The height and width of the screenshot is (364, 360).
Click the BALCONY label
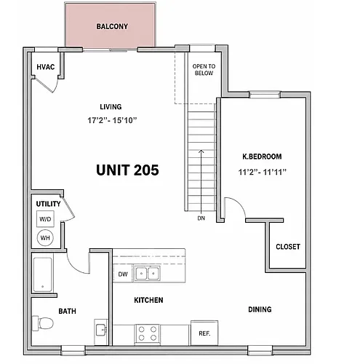click(x=112, y=26)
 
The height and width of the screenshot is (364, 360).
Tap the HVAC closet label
click(x=46, y=67)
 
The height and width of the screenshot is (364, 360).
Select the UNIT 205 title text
click(x=127, y=170)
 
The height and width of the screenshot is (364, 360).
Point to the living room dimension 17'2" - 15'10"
click(x=112, y=120)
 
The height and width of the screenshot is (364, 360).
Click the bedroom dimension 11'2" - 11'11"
click(x=262, y=172)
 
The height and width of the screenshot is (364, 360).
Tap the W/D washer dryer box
click(x=45, y=219)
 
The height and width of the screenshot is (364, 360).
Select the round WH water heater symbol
click(x=45, y=237)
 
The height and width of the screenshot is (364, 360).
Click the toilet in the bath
click(x=43, y=323)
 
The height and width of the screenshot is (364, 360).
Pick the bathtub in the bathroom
click(x=43, y=274)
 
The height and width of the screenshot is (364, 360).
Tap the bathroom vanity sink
click(x=101, y=330)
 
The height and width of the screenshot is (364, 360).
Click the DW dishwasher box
click(x=123, y=274)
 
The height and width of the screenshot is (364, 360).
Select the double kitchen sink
click(x=147, y=274)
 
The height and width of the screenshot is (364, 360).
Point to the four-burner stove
click(x=148, y=333)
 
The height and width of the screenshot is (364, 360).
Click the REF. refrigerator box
click(x=204, y=333)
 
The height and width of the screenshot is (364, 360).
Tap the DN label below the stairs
click(x=201, y=218)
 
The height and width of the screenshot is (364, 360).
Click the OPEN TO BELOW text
click(x=204, y=70)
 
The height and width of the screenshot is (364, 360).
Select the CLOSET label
click(x=288, y=247)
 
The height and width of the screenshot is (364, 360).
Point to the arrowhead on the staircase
click(x=201, y=151)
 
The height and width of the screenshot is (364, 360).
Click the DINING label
click(x=260, y=309)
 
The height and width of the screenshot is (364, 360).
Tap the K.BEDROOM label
click(x=262, y=157)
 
